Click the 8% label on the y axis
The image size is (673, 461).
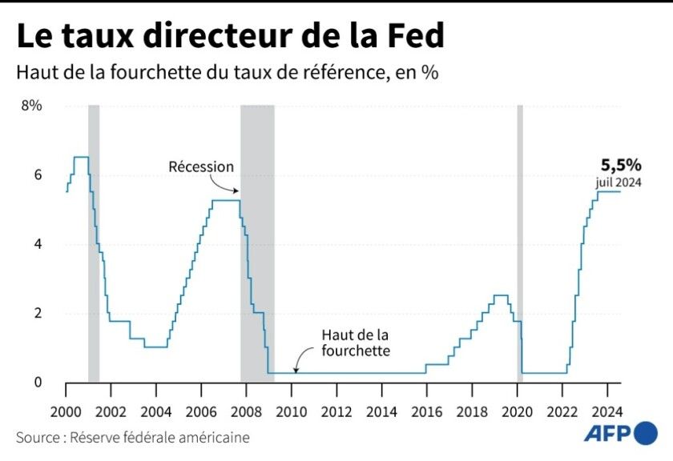pos(31,106)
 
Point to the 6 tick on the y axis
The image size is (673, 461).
pos(37,175)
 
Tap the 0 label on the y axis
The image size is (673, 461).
pos(37,383)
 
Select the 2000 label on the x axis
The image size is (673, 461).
pos(65,411)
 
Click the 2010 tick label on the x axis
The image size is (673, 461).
pos(292,411)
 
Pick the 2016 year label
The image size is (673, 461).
pos(427,411)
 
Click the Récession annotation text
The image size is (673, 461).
pos(201,166)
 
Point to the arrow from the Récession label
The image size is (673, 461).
pos(232,185)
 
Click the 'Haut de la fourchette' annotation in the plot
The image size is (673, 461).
pos(356,343)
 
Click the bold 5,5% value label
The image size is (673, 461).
pos(621,166)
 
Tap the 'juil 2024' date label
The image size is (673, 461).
pos(619,182)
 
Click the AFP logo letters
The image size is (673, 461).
pos(606,435)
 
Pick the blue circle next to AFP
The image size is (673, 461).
pos(645,435)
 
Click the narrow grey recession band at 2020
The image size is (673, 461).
pos(519,240)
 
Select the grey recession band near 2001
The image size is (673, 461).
pos(94,240)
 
